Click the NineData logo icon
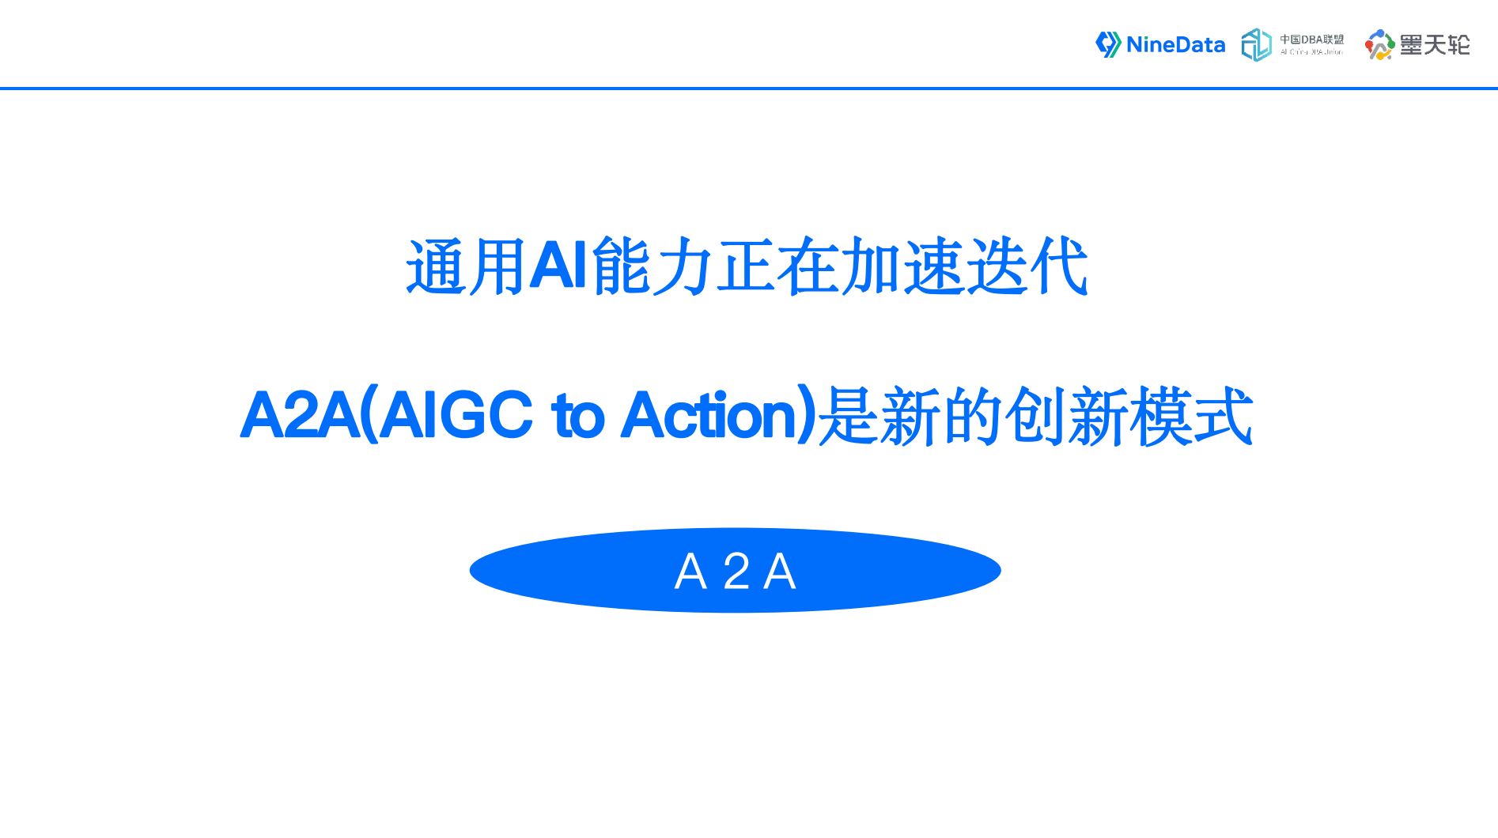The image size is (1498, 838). pos(1107,44)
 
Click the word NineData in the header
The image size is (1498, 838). pos(1175,45)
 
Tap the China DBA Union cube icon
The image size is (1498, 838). pos(1256,45)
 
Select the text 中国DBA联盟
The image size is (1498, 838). pos(1311,40)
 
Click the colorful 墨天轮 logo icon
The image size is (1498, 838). pos(1379,45)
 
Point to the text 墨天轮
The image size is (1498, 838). pos(1435,45)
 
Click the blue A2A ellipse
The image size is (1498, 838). pos(554,571)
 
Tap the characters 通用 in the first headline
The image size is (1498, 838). pos(466,267)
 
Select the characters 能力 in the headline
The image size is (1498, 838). pos(653,267)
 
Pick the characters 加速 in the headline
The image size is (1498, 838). pos(902,267)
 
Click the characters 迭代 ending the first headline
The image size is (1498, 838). pos(1027,267)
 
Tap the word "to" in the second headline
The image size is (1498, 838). pos(578,416)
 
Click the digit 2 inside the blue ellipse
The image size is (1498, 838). pos(736,572)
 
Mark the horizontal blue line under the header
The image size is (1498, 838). pos(749,89)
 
